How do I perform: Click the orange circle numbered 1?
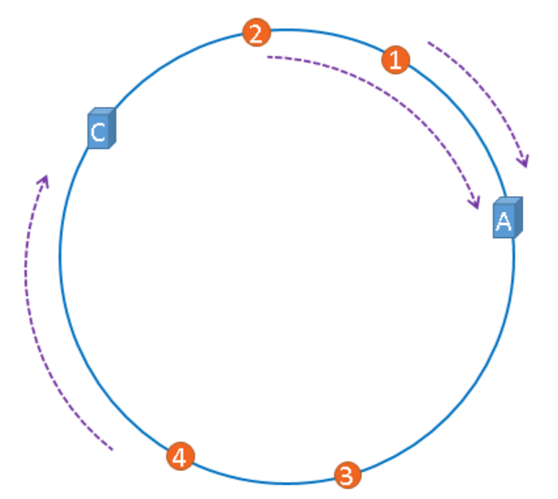[x=394, y=60]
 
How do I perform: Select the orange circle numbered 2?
[x=255, y=34]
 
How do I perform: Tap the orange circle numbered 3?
[x=346, y=475]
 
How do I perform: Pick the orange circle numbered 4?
[x=180, y=456]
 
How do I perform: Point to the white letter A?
[x=503, y=221]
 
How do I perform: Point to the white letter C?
[x=98, y=132]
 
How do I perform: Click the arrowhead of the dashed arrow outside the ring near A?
[x=526, y=163]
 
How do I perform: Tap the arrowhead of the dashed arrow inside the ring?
[x=477, y=205]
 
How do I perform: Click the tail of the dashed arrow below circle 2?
[x=268, y=58]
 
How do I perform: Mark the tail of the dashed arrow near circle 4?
[x=113, y=450]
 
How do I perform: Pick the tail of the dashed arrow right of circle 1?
[x=429, y=42]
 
